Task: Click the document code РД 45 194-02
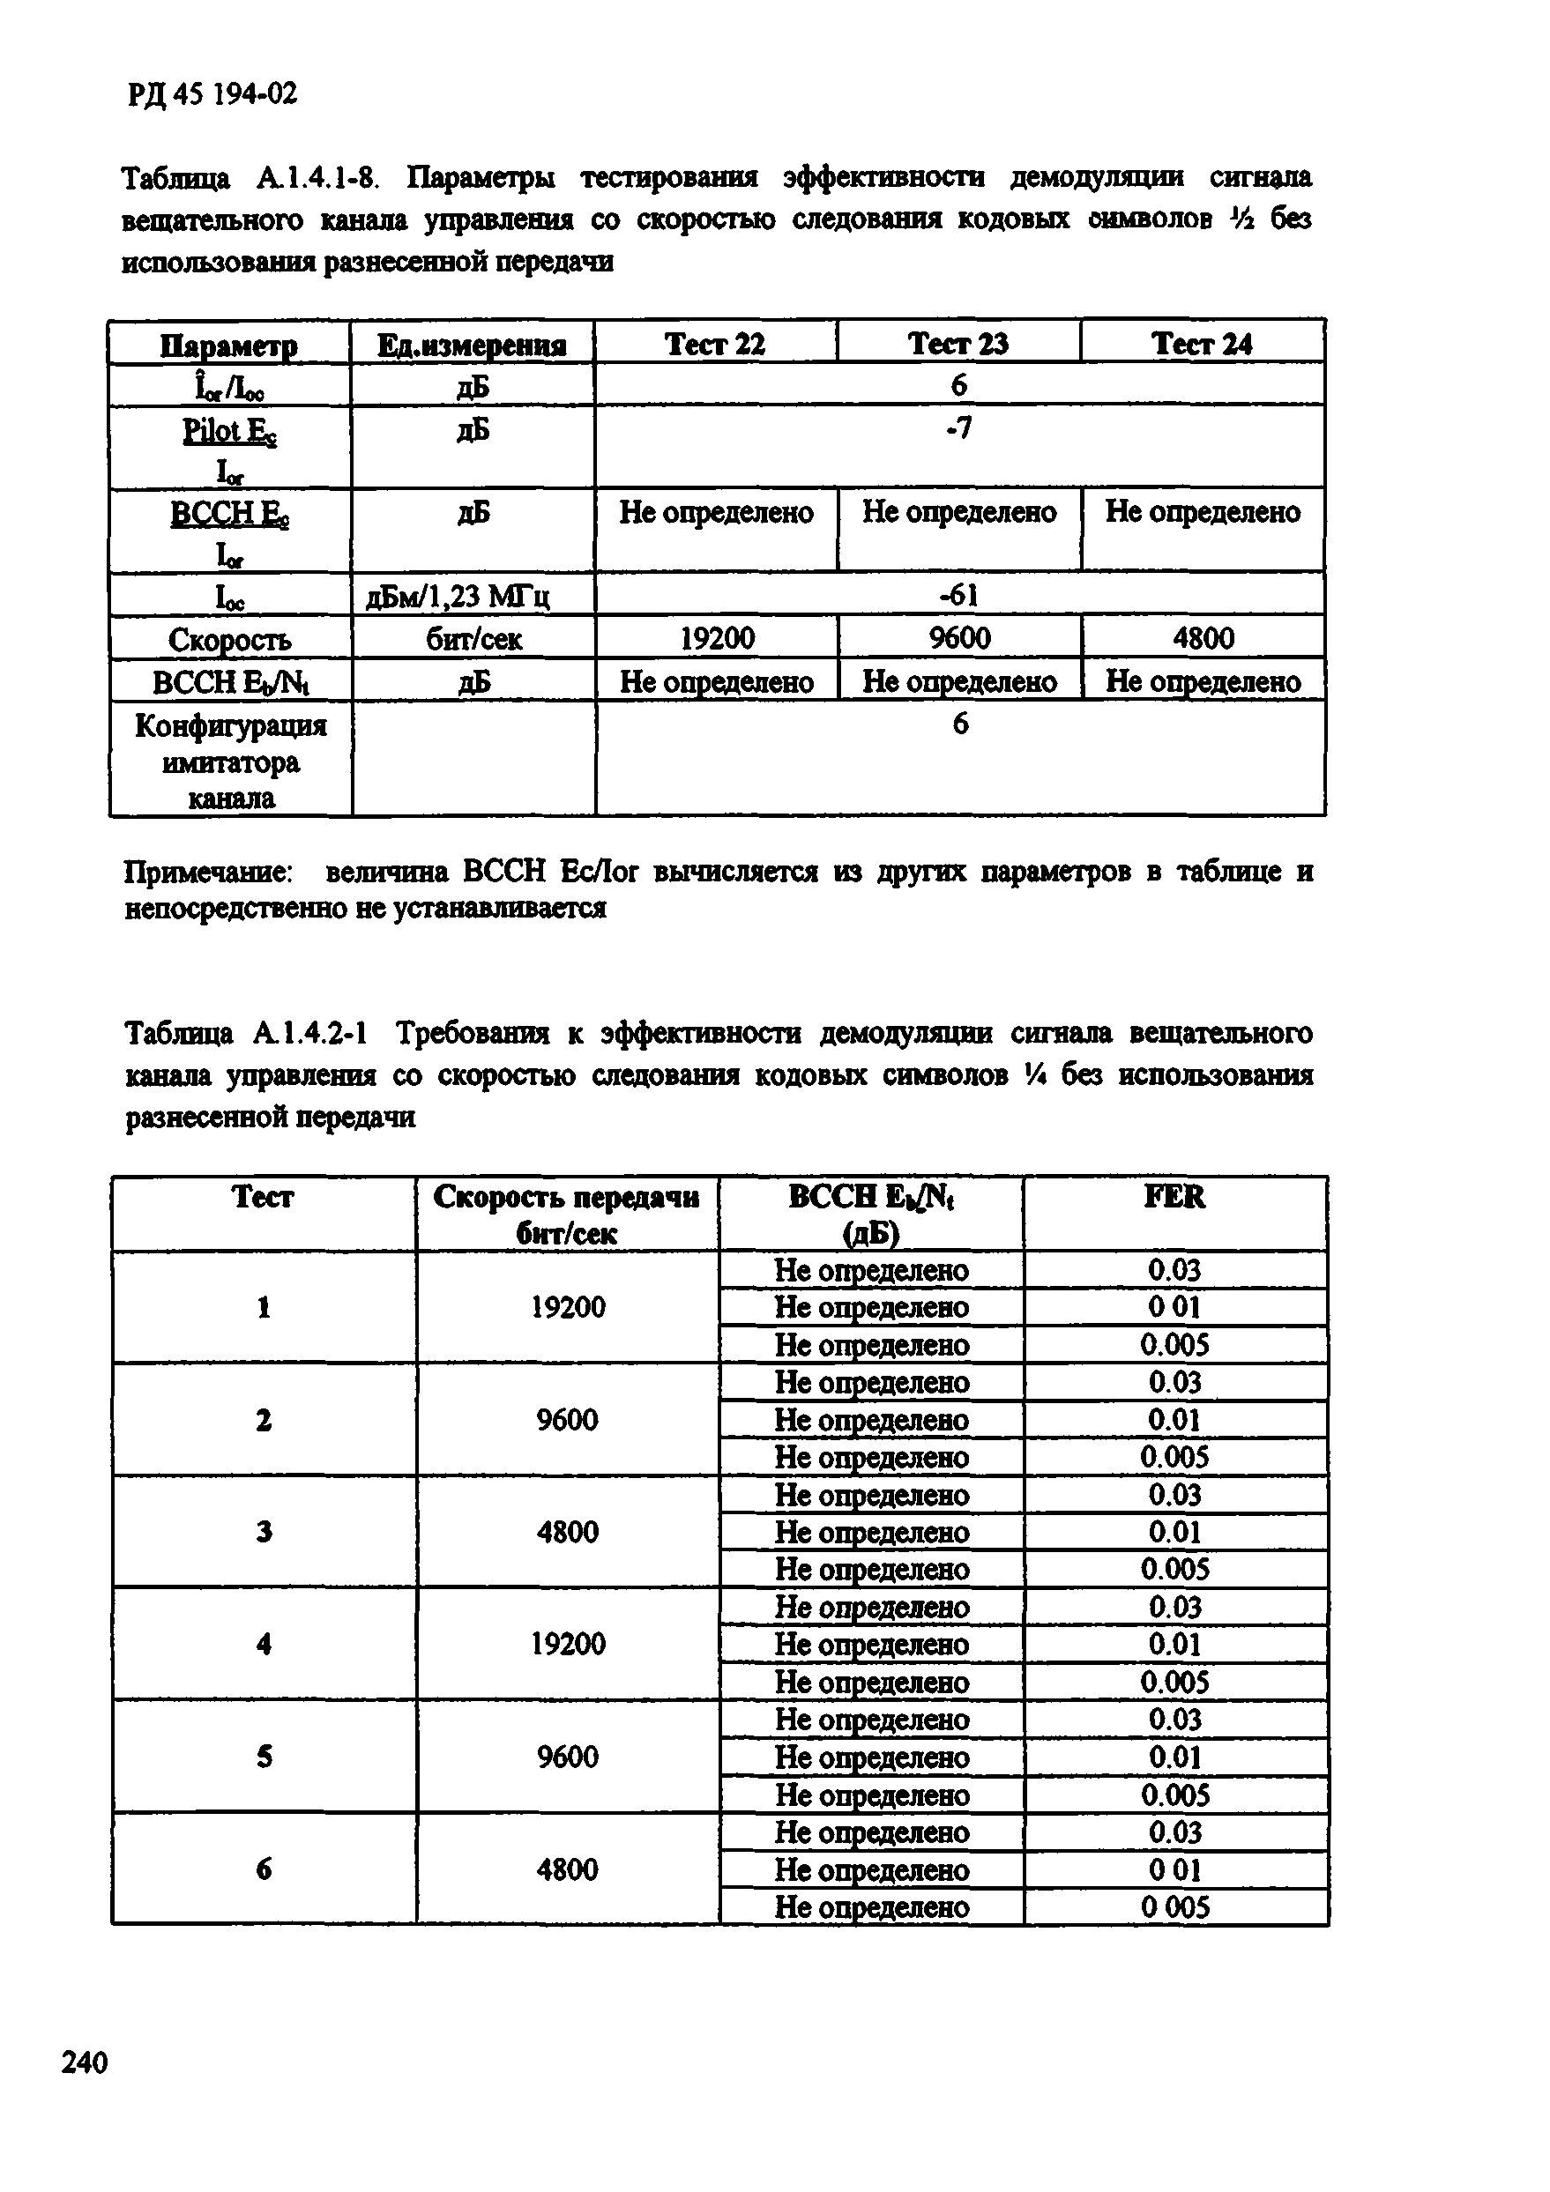pos(211,93)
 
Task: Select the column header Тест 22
pos(714,344)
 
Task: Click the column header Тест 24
pos(1202,344)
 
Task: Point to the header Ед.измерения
pos(472,345)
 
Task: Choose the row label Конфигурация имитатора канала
pos(230,761)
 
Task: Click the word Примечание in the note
pos(209,872)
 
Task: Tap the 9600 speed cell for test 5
pos(567,1757)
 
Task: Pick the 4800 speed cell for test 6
pos(567,1869)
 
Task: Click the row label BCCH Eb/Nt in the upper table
pos(230,681)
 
